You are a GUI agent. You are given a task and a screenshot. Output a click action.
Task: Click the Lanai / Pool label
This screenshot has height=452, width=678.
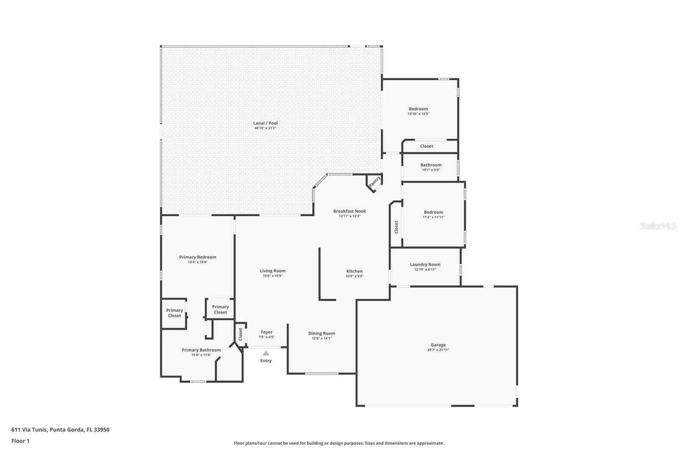pos(265,123)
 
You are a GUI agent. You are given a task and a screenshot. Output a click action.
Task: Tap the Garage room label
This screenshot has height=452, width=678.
pos(438,345)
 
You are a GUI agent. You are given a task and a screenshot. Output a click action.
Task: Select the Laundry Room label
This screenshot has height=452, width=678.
pos(425,265)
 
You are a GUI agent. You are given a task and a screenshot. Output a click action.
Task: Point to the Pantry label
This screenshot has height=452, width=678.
pos(375,181)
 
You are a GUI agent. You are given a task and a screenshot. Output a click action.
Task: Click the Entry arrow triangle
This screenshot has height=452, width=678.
pos(266,353)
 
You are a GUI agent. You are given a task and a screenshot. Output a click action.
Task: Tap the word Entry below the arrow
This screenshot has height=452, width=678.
pos(266,360)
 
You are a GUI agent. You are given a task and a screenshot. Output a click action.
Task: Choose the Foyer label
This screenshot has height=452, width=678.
pos(267,332)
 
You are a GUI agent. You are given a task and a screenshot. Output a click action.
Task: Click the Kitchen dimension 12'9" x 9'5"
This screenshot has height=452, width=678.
pos(355,276)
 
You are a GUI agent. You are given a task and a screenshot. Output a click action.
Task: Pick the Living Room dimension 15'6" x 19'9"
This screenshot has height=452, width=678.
pos(273,276)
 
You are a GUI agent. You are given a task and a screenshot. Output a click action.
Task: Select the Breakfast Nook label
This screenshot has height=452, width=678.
pos(350,211)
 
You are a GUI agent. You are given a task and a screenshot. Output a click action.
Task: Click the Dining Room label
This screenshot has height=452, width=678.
pos(322,333)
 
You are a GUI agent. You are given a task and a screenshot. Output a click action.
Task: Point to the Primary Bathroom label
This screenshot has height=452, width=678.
pos(201,350)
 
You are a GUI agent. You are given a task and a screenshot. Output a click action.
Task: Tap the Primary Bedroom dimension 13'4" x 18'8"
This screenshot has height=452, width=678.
pos(197,262)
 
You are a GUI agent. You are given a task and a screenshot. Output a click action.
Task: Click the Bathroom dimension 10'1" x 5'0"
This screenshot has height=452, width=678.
pos(431,170)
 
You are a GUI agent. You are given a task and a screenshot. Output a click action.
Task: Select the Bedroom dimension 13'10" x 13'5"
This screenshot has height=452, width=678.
pos(419,114)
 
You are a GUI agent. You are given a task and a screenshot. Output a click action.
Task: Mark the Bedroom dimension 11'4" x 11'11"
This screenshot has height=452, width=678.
pos(434,217)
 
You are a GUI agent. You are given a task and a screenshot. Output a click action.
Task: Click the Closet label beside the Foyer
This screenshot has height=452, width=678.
pos(241,334)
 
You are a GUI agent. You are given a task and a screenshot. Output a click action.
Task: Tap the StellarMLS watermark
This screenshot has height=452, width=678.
pos(658,226)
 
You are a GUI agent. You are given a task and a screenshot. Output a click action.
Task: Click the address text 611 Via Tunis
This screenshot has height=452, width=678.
pos(29,430)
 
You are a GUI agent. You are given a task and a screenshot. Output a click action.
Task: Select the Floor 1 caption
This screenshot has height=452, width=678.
pos(21,441)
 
